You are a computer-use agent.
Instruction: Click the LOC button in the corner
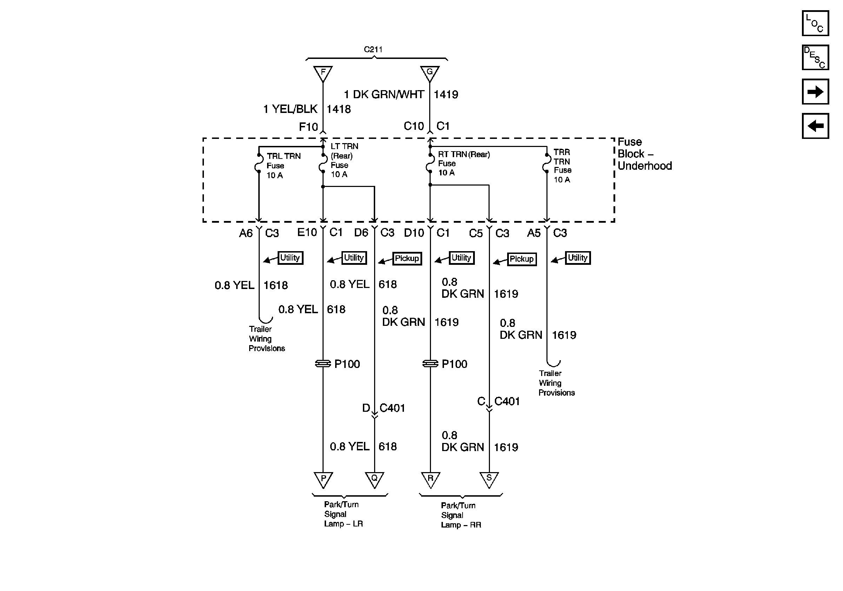[x=815, y=23]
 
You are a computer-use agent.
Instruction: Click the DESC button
[x=815, y=58]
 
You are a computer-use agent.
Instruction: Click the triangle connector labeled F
[x=323, y=73]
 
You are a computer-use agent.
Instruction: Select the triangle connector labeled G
[x=430, y=73]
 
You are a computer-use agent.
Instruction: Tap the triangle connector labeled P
[x=323, y=479]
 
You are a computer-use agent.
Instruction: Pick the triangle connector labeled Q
[x=374, y=479]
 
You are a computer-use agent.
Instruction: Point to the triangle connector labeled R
[x=430, y=479]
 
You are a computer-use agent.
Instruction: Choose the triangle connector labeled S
[x=489, y=479]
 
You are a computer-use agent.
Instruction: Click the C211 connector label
[x=373, y=49]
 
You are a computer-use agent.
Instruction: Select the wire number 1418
[x=339, y=109]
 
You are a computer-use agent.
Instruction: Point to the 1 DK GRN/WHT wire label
[x=384, y=95]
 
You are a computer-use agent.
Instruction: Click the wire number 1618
[x=276, y=286]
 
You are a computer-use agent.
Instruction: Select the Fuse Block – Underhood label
[x=644, y=154]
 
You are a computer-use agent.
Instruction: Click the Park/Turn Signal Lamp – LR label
[x=343, y=514]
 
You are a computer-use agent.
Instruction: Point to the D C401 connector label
[x=384, y=408]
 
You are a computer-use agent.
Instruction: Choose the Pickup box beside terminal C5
[x=522, y=259]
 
